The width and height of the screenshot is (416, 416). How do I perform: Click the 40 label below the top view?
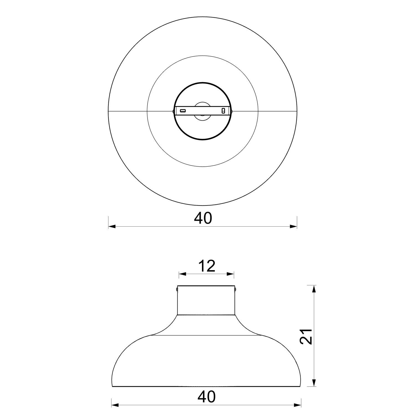coord(203,218)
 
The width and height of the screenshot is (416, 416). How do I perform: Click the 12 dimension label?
coord(207,266)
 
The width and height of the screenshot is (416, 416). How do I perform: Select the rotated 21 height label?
coord(306,336)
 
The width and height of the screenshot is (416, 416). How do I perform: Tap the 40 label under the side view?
coord(206,397)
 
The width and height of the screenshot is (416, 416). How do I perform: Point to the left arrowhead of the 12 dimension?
coord(182,274)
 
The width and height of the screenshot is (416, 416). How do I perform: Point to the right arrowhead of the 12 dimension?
coord(230,274)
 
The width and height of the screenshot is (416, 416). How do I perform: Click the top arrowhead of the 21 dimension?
coord(314,289)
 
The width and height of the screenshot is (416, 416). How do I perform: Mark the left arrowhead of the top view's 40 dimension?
coord(112,226)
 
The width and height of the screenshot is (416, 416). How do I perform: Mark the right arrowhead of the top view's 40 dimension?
coord(293,226)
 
